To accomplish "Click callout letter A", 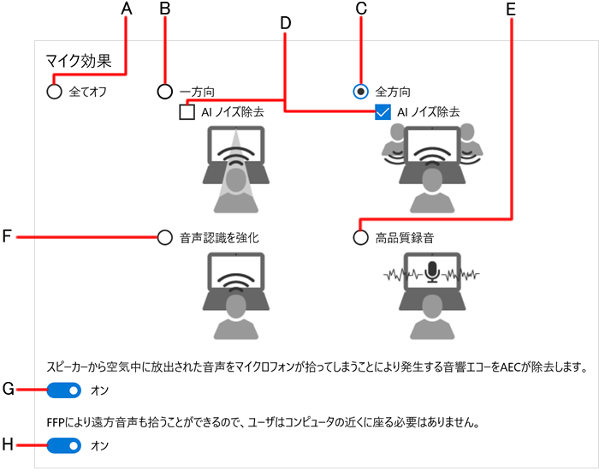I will click(128, 9).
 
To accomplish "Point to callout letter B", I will click(166, 9).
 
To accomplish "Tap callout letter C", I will click(361, 9).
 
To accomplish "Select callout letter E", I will click(511, 9).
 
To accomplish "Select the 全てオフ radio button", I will click(55, 91).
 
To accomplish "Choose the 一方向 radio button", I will click(166, 91).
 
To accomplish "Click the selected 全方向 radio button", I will click(361, 91).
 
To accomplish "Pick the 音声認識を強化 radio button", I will click(165, 237).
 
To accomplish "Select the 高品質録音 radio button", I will click(361, 237).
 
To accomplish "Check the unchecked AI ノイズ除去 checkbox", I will click(187, 112).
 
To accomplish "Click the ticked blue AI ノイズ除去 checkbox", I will click(383, 112).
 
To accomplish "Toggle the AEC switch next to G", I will click(64, 391).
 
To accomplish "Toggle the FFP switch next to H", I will click(64, 445).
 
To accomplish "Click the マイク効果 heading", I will click(78, 62).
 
